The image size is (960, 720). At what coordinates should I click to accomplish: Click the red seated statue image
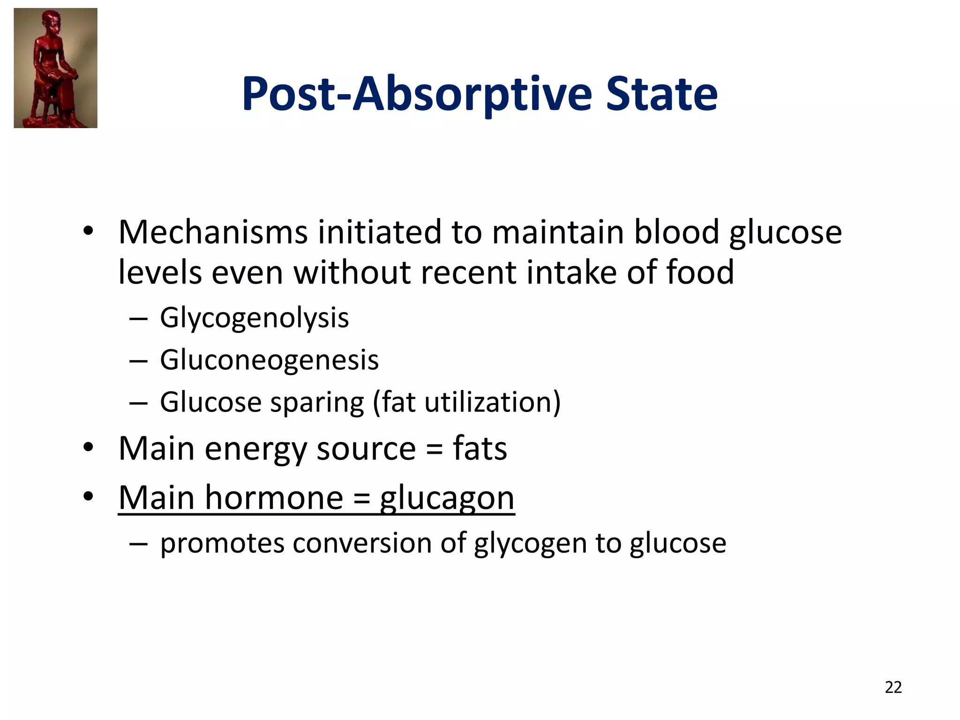point(56,68)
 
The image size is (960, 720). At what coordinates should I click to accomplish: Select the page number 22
point(893,687)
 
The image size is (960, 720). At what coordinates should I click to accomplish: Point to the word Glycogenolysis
point(254,318)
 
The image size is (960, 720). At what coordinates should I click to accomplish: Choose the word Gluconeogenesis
point(269,360)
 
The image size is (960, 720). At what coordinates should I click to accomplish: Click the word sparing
point(317,402)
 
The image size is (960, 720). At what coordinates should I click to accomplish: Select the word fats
point(480,449)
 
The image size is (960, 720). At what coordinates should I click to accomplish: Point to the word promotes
point(222,544)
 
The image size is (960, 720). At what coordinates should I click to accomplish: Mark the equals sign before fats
point(435,450)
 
